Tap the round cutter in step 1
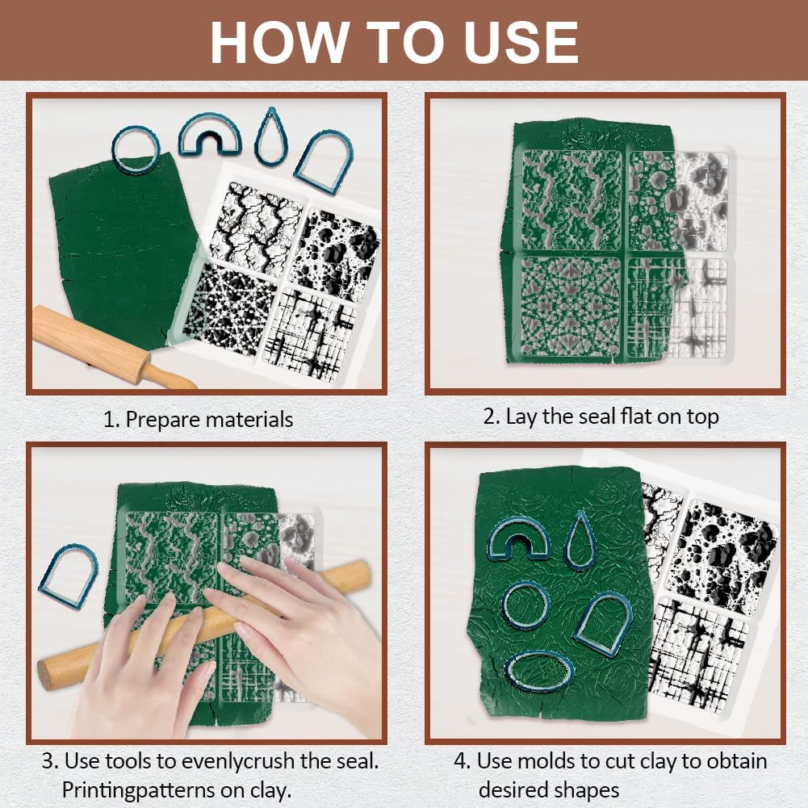135,150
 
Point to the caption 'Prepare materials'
209,420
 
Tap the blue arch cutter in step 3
69,576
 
